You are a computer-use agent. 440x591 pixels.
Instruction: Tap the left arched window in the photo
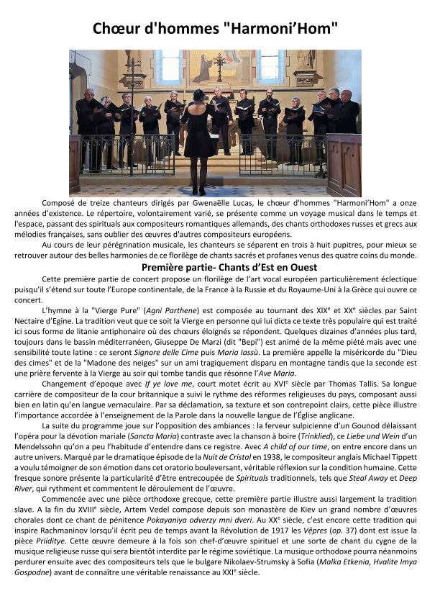168,67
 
